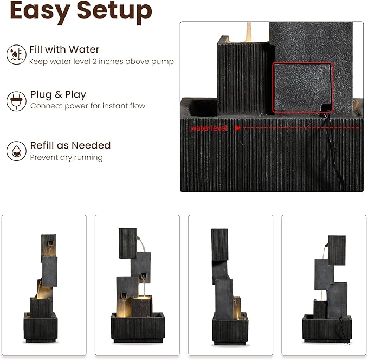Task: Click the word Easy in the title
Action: coord(40,11)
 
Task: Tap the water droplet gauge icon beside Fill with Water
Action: coord(16,54)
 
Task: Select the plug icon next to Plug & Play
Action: coord(16,101)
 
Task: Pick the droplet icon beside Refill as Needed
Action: coord(16,151)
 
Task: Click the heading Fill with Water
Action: coord(64,49)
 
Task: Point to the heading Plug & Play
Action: coord(58,94)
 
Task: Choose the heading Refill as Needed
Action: coord(70,145)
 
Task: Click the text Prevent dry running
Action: coord(67,157)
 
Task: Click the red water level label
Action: coord(209,128)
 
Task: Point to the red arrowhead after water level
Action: coord(237,128)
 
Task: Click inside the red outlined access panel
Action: coord(302,87)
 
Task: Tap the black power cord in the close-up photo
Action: coord(333,150)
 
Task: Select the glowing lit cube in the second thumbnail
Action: coord(143,306)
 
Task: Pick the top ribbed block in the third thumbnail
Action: coord(219,245)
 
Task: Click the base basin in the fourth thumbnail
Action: coord(327,329)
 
